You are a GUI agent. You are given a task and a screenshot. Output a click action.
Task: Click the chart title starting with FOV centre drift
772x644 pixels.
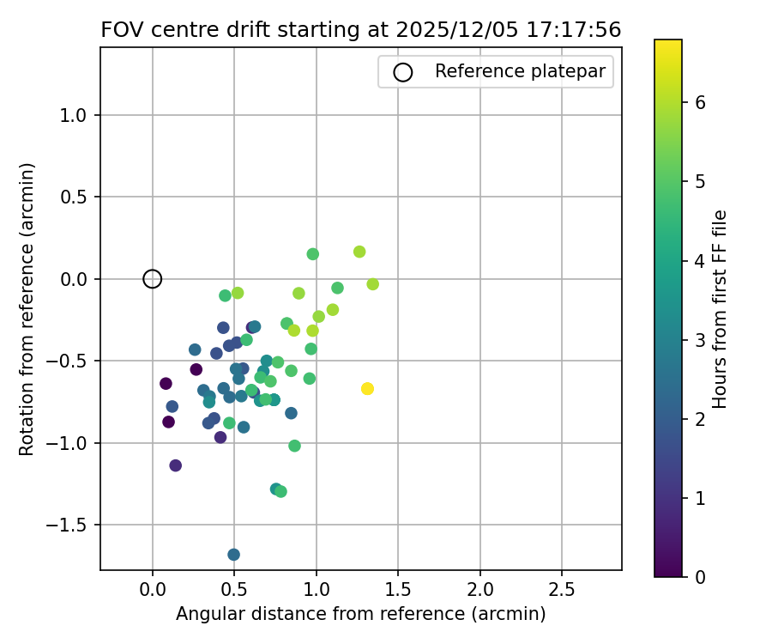pyautogui.click(x=360, y=29)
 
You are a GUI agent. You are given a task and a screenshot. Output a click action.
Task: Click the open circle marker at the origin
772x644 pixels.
pyautogui.click(x=153, y=278)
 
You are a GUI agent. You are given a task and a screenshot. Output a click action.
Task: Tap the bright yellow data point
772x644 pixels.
pyautogui.click(x=367, y=389)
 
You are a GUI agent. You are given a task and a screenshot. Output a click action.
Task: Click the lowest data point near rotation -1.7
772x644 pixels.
pyautogui.click(x=234, y=555)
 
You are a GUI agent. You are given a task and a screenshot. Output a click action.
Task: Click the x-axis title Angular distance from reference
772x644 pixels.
pyautogui.click(x=360, y=614)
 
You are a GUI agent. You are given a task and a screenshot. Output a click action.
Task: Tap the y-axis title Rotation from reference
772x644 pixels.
pyautogui.click(x=27, y=309)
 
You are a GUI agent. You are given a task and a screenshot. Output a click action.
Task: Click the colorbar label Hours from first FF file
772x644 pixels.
pyautogui.click(x=721, y=309)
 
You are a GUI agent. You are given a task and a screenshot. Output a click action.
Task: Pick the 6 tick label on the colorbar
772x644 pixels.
pyautogui.click(x=700, y=101)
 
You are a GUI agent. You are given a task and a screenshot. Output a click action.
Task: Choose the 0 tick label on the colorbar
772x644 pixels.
pyautogui.click(x=700, y=576)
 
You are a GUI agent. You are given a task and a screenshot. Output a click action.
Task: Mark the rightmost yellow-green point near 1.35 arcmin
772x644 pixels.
pyautogui.click(x=372, y=284)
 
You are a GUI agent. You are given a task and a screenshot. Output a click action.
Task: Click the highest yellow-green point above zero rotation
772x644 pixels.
pyautogui.click(x=359, y=252)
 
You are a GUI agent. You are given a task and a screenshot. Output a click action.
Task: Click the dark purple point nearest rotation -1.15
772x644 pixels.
pyautogui.click(x=176, y=465)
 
